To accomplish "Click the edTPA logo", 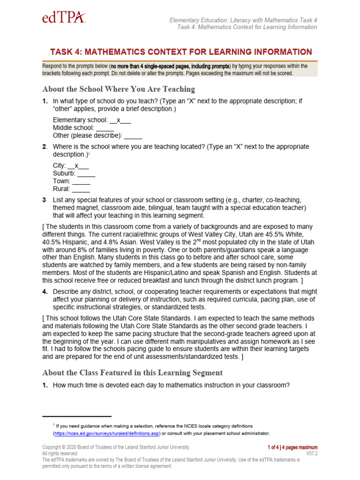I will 64,18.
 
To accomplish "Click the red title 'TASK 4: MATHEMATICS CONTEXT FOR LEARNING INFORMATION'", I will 180,52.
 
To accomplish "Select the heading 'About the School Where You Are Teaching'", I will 119,89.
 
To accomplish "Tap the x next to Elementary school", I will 119,120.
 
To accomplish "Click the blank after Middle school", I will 105,127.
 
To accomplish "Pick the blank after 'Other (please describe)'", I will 133,135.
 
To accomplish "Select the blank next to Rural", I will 81,189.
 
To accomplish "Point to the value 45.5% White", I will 290,234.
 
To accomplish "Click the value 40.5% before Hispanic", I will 51,242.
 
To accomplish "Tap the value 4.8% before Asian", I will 117,242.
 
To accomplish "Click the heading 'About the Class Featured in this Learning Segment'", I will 132,373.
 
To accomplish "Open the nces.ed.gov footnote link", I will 107,433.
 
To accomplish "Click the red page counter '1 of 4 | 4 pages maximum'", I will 292,447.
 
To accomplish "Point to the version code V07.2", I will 312,454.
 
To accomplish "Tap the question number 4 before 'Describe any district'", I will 45,292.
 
